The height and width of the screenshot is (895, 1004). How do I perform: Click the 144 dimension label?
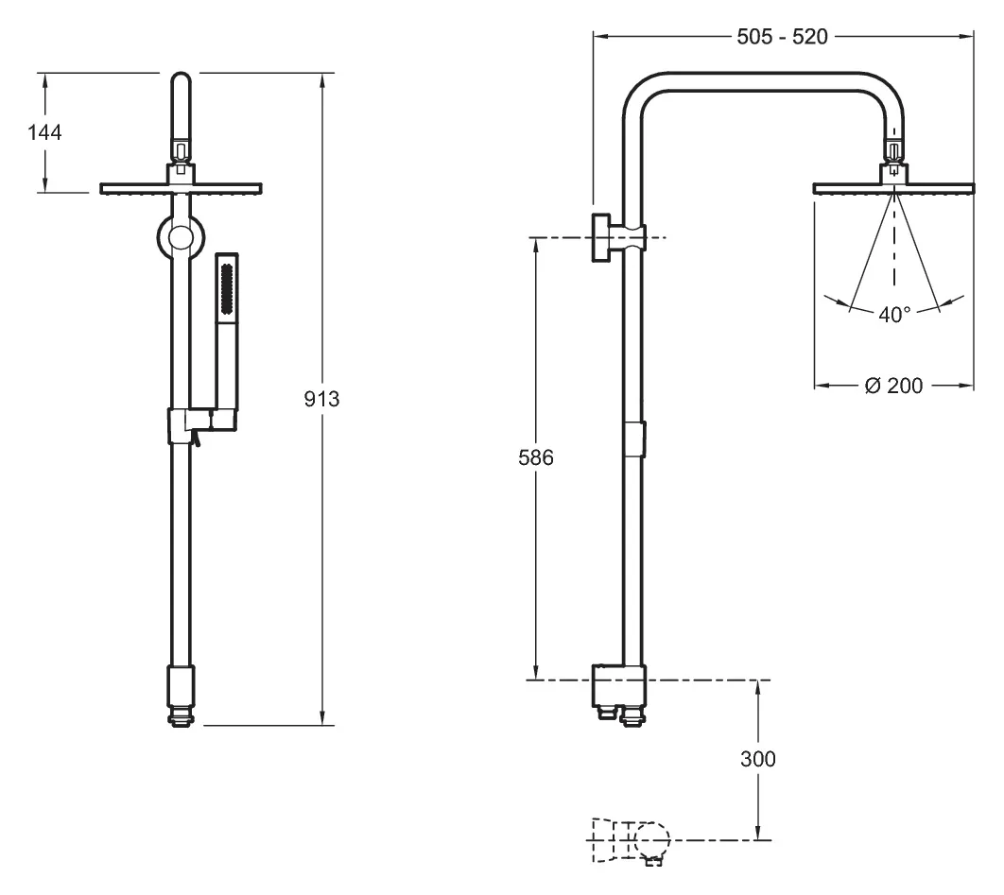coord(44,132)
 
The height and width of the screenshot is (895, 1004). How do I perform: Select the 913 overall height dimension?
coord(321,399)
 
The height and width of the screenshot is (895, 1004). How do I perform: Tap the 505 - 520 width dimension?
coord(782,37)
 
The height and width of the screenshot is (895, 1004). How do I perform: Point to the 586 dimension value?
coord(536,457)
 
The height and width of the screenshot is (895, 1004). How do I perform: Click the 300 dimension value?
coord(758,759)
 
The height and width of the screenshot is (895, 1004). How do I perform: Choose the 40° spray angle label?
coord(894,315)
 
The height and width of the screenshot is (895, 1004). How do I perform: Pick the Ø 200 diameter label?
coord(894,386)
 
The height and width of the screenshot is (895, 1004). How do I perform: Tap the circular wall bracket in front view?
coord(181,238)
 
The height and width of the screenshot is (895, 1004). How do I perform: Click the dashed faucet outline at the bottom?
coord(631,841)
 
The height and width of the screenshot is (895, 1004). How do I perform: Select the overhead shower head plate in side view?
coord(894,188)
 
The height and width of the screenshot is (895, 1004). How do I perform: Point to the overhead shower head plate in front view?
coord(182,188)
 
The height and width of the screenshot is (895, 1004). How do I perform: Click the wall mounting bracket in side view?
coord(618,237)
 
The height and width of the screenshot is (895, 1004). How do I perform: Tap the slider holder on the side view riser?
coord(634,439)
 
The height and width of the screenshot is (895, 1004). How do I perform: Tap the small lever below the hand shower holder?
coord(198,439)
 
